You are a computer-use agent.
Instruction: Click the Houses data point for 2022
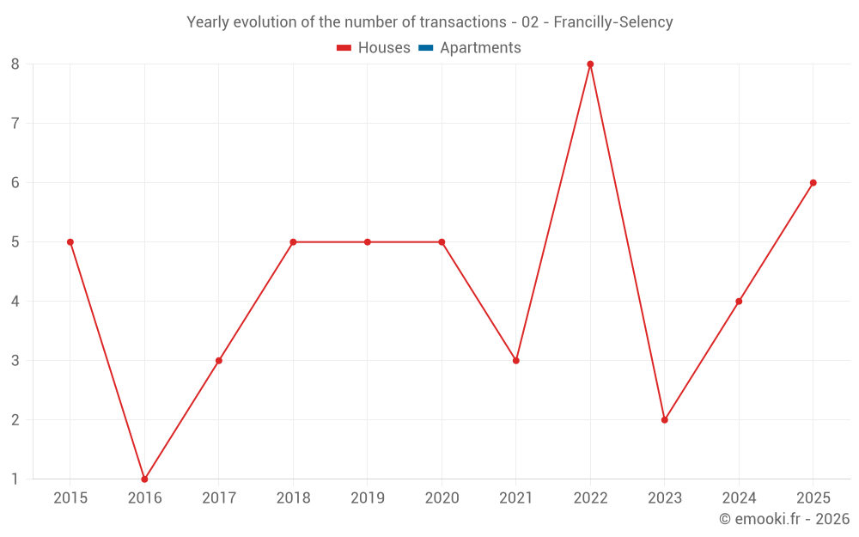(x=590, y=64)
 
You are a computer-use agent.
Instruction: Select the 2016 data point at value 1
(x=144, y=479)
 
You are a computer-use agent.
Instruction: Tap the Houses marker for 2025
(x=813, y=182)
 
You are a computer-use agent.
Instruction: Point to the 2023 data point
(x=665, y=420)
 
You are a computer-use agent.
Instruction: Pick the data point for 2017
(x=218, y=361)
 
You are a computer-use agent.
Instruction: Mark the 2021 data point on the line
(x=516, y=361)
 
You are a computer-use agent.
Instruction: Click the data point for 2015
(x=70, y=241)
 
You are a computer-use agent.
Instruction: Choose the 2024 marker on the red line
(x=739, y=302)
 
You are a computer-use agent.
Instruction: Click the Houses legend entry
(x=373, y=47)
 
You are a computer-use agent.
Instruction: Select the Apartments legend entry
(x=470, y=47)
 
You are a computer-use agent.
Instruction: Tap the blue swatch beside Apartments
(x=426, y=47)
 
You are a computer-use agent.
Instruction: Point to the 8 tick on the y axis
(x=15, y=64)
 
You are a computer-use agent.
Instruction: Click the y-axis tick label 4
(x=15, y=302)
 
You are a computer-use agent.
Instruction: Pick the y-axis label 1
(x=15, y=479)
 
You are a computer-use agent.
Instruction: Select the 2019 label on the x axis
(x=368, y=497)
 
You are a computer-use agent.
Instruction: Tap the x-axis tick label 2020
(x=442, y=497)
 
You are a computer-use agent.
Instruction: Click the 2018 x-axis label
(x=293, y=497)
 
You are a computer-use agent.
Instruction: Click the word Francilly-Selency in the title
(x=613, y=22)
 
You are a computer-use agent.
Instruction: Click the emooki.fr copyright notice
(x=784, y=518)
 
